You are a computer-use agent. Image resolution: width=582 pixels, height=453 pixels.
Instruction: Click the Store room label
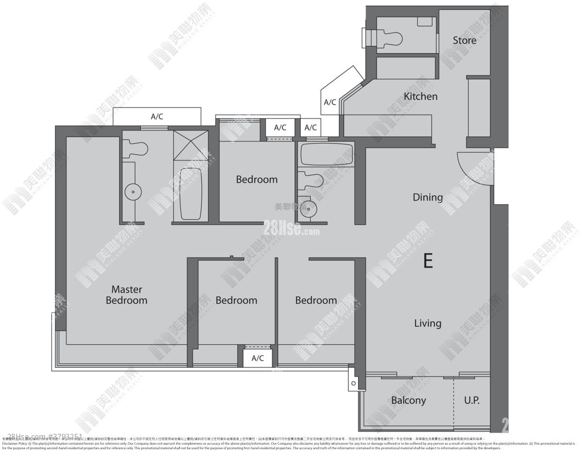pos(464,40)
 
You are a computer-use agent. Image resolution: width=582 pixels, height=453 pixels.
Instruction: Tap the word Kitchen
pos(420,97)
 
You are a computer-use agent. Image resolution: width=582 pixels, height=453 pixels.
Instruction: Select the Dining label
pos(427,197)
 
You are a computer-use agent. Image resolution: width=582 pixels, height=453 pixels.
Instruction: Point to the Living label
pos(427,323)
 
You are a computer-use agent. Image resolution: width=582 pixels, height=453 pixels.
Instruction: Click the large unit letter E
pos(428,261)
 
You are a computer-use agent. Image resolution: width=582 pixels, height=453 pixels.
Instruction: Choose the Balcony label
pos(408,400)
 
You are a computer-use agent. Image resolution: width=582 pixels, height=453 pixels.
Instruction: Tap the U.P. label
pos(471,400)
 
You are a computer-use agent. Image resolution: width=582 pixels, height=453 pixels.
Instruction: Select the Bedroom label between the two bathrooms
pos(257,179)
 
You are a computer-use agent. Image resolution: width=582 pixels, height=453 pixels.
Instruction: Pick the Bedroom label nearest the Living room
pos(316,300)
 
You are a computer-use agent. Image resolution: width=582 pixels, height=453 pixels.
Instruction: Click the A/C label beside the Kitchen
pos(330,102)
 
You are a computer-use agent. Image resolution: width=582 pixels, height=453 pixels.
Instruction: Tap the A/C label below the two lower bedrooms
pos(258,358)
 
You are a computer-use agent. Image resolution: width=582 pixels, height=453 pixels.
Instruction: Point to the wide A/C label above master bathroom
pos(157,116)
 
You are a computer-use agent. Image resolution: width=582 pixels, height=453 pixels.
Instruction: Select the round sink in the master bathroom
pos(132,192)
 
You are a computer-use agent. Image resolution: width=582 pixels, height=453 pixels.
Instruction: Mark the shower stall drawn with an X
pos(191,145)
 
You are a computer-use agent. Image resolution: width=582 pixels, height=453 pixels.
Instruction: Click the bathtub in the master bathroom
pos(191,194)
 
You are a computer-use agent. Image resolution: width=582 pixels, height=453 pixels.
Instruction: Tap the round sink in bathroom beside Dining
pos(307,209)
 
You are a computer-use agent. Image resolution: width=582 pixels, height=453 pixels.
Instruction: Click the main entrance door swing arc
pos(473,170)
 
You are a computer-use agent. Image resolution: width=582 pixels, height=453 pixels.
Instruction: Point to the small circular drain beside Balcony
pos(354,384)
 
